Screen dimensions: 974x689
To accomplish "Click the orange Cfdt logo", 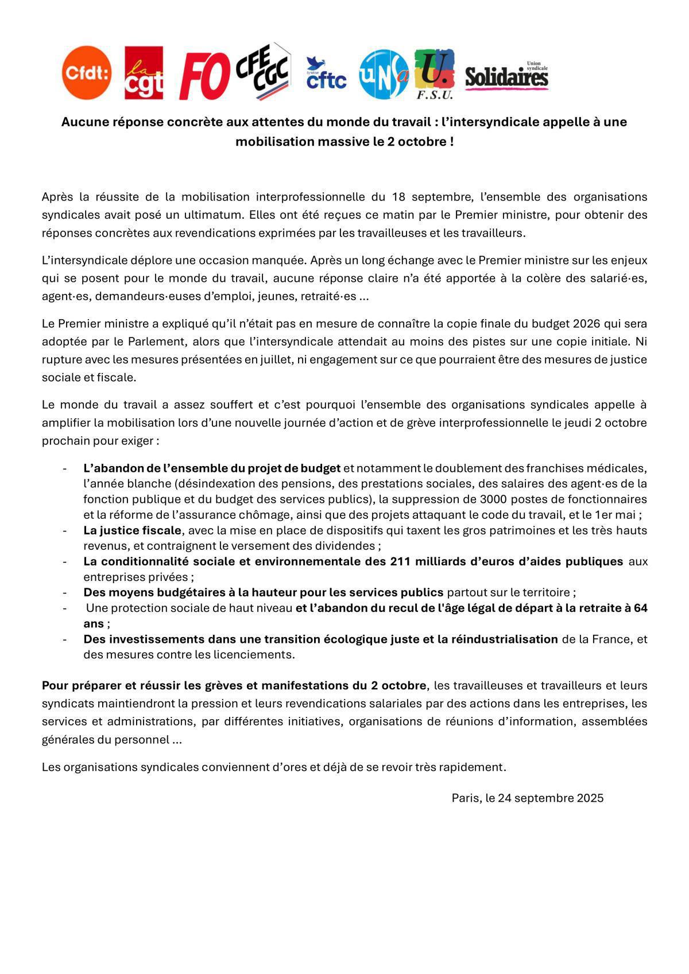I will pos(87,73).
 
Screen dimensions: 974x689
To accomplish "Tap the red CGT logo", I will pos(144,73).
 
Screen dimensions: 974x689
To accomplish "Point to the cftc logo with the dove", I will pos(326,73).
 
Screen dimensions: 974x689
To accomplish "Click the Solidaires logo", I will pos(506,76).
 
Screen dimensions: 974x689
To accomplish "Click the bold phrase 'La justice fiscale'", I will pos(132,530).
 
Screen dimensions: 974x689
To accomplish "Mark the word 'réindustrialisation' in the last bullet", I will pos(505,639).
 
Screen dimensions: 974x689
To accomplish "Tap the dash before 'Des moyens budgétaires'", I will pos(65,592).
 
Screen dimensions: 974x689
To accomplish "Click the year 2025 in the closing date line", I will pos(590,798).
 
